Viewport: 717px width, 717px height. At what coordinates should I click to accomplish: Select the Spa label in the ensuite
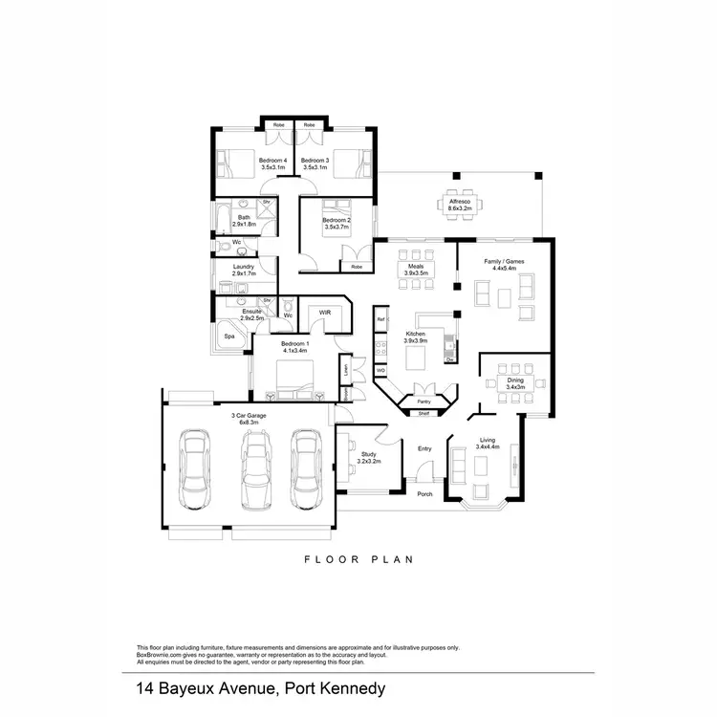coord(229,337)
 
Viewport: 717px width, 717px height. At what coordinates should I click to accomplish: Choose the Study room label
coord(369,458)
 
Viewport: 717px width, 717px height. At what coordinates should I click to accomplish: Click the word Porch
coord(424,494)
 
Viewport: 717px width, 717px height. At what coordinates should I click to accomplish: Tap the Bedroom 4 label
coord(247,163)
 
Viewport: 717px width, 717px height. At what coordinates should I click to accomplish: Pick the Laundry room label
coord(243,270)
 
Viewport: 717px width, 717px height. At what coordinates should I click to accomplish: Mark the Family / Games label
coord(503,264)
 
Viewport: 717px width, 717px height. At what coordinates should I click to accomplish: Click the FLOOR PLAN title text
coord(358,559)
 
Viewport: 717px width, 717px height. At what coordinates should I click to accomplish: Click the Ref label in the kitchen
coord(380,318)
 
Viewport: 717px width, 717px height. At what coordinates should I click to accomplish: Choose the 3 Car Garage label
coord(249,418)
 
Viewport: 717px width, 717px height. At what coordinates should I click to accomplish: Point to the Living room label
coord(486,444)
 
